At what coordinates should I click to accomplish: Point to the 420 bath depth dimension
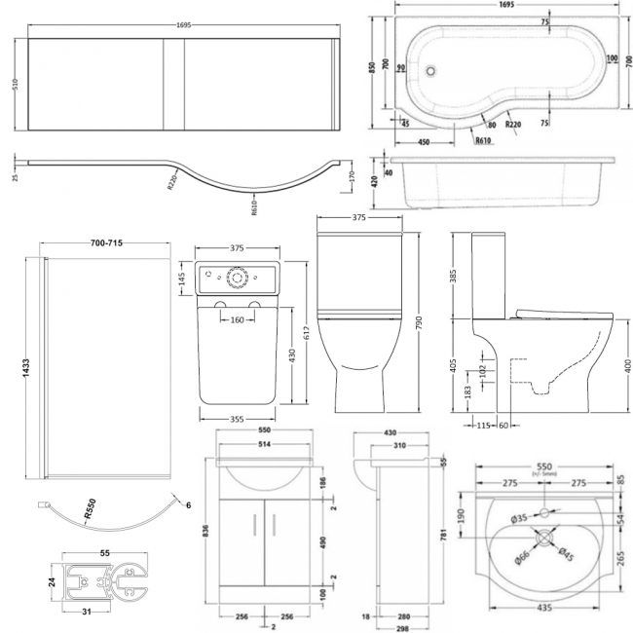375,182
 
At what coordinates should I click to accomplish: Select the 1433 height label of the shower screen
13,369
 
